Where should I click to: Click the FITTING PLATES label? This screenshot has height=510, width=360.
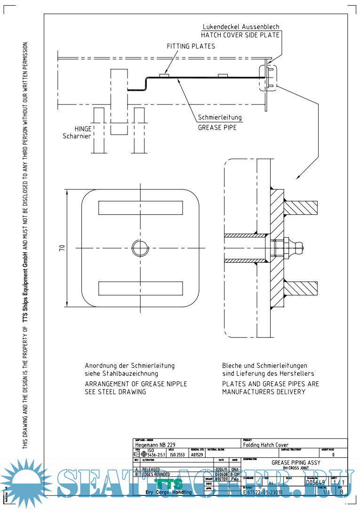coord(191,46)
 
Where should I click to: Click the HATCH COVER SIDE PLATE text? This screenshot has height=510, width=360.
coord(240,35)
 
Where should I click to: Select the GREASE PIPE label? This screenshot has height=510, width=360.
coord(217,127)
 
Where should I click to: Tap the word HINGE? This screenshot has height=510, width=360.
coord(83,128)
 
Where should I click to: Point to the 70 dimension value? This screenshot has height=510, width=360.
coord(62,248)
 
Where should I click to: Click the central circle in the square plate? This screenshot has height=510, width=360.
coord(140,248)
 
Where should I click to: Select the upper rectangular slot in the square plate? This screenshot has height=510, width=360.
coord(140,207)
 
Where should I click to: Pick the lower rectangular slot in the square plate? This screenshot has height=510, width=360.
coord(140,287)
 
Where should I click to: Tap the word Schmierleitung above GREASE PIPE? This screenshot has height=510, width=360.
coord(220,118)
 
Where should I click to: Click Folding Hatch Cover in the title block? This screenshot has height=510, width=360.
coord(266,445)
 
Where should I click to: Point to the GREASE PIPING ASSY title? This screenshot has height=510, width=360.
coord(296,462)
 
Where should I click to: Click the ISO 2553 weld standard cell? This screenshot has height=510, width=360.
coord(178,455)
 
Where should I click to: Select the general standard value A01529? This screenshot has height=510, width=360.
coord(197,455)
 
